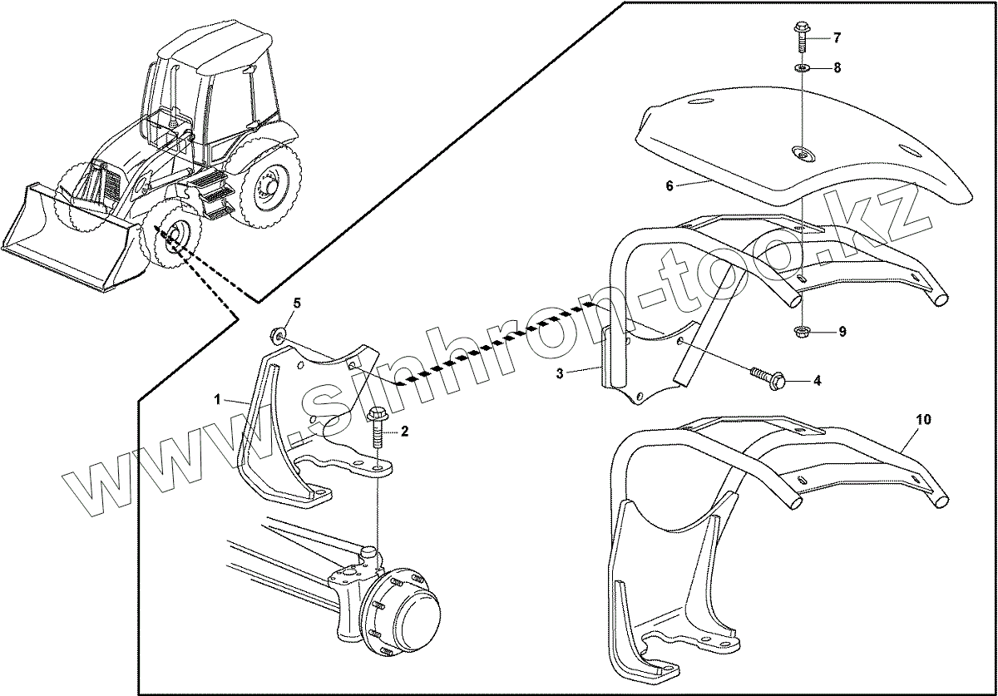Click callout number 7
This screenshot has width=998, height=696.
click(837, 38)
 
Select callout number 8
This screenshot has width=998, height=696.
click(837, 67)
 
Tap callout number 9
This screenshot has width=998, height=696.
click(842, 332)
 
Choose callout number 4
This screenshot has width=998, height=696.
click(818, 381)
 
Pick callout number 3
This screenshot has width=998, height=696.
click(561, 374)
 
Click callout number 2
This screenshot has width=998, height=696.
click(404, 431)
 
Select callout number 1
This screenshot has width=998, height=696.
click(217, 400)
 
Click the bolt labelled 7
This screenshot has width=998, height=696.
click(801, 35)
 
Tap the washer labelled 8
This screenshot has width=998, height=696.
click(802, 67)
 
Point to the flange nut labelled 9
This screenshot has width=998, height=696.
click(803, 333)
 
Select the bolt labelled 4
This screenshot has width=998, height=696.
click(770, 379)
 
